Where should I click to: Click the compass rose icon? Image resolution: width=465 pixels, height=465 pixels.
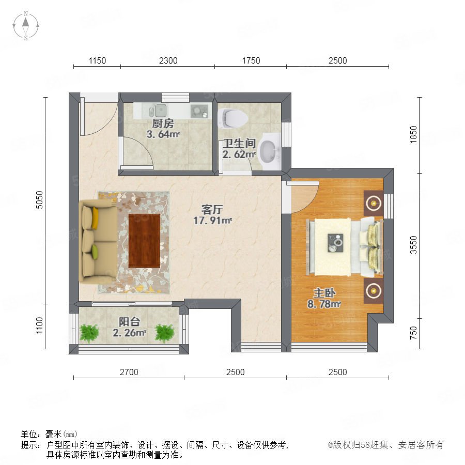pyautogui.click(x=26, y=25)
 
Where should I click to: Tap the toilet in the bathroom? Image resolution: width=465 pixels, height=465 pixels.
pyautogui.click(x=233, y=118)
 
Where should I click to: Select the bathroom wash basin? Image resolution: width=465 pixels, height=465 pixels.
pyautogui.click(x=269, y=151)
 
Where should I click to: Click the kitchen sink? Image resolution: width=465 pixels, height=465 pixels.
pyautogui.click(x=158, y=111)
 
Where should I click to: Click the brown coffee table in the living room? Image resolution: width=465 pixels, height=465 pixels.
pyautogui.click(x=145, y=240)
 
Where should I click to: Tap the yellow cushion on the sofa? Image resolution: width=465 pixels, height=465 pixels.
pyautogui.click(x=95, y=218)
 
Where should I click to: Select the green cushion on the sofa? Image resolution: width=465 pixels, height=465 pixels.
pyautogui.click(x=95, y=252)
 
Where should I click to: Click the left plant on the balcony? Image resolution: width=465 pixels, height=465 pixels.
pyautogui.click(x=89, y=332)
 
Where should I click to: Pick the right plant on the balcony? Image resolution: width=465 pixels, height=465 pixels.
pyautogui.click(x=165, y=332)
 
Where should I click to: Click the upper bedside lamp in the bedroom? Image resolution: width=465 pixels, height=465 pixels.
pyautogui.click(x=374, y=203)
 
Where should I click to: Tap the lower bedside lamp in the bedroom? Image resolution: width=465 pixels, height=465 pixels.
pyautogui.click(x=374, y=290)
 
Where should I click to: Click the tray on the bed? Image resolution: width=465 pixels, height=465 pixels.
pyautogui.click(x=335, y=243)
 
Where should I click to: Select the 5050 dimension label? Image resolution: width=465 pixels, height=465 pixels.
pyautogui.click(x=39, y=200)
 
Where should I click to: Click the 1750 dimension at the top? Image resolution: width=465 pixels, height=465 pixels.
pyautogui.click(x=251, y=60)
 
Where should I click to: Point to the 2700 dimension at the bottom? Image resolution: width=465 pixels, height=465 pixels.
pyautogui.click(x=129, y=372)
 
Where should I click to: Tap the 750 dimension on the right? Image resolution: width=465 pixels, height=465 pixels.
pyautogui.click(x=413, y=333)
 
